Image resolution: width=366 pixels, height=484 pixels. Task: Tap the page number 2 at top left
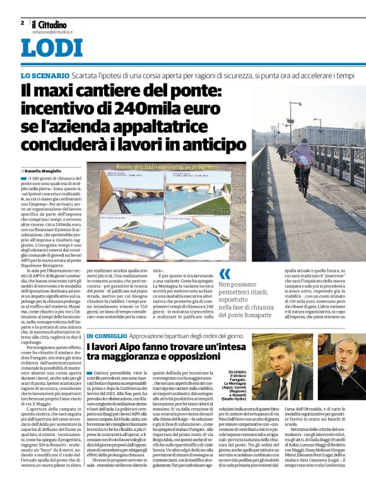coord(21,22)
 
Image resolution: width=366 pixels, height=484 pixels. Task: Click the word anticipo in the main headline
coord(209,144)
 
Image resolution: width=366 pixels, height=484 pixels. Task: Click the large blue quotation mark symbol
coord(225,274)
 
